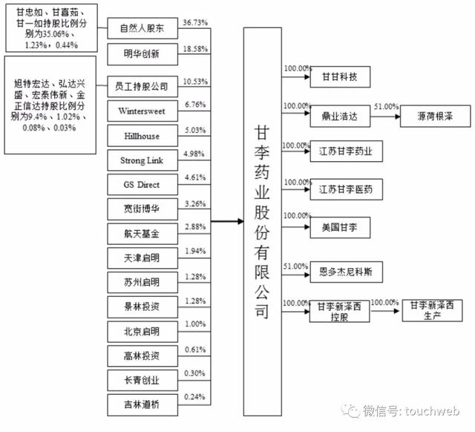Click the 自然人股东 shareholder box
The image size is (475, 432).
click(142, 28)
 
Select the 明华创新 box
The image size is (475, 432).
click(142, 54)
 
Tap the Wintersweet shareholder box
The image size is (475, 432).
click(142, 111)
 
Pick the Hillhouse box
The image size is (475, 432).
click(142, 136)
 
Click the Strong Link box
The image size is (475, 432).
click(142, 160)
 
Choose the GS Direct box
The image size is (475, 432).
click(142, 185)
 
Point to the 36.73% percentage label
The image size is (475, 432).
click(195, 23)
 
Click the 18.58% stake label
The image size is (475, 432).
click(195, 49)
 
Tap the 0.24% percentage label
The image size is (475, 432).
click(194, 397)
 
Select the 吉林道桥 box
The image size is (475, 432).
click(142, 405)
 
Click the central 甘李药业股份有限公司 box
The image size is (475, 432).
click(263, 221)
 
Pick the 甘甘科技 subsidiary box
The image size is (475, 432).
click(340, 76)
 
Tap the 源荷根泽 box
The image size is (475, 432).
click(436, 116)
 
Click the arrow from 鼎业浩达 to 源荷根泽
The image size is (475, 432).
click(385, 117)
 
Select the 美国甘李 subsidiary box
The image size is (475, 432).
click(340, 228)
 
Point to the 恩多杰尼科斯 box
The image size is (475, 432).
click(346, 272)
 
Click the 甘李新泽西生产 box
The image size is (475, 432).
click(432, 310)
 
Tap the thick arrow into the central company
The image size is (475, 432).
click(227, 221)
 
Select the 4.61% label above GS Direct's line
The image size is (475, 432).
click(195, 177)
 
